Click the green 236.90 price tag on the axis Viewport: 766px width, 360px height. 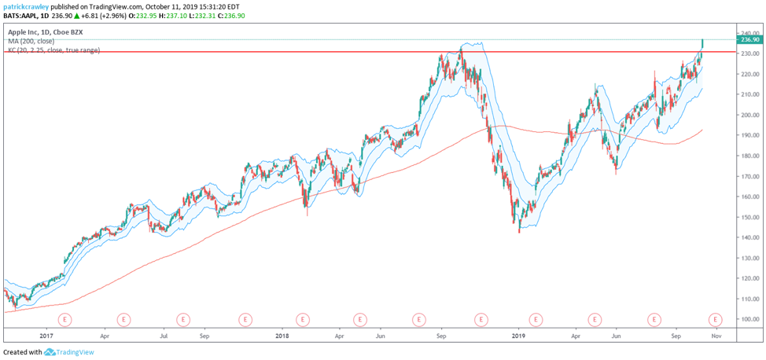tap(749, 39)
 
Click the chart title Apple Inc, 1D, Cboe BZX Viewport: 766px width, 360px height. tap(46, 32)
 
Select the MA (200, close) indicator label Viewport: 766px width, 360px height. tap(31, 41)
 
